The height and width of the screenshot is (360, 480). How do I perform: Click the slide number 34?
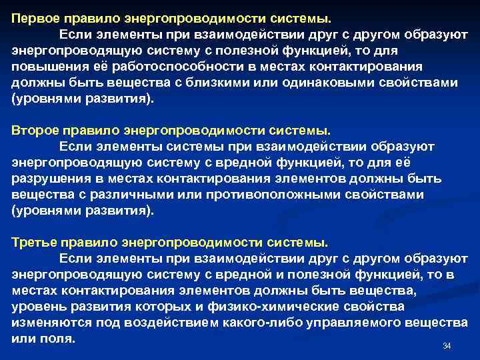tap(447, 346)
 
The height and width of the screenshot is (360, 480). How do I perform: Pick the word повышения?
tap(43, 67)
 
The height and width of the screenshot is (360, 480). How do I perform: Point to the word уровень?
tap(37, 306)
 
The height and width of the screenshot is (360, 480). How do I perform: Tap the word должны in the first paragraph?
tap(38, 83)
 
